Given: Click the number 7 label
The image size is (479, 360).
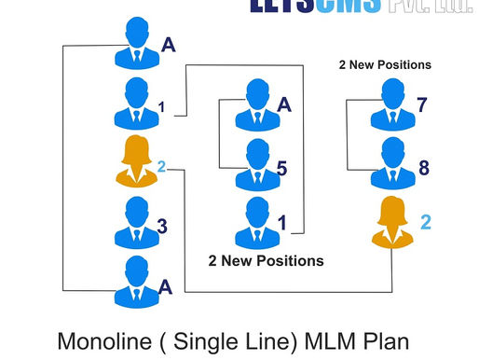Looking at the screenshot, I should pyautogui.click(x=421, y=104).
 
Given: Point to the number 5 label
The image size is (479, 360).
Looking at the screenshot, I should pyautogui.click(x=281, y=169).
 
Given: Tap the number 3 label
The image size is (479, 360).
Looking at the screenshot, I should pyautogui.click(x=162, y=226).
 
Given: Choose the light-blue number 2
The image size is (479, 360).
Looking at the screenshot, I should pyautogui.click(x=161, y=167).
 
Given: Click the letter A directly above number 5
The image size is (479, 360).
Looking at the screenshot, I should pyautogui.click(x=284, y=104).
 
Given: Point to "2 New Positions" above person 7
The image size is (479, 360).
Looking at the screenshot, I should pyautogui.click(x=385, y=65).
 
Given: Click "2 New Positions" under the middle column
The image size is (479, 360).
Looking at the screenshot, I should pyautogui.click(x=266, y=260).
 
